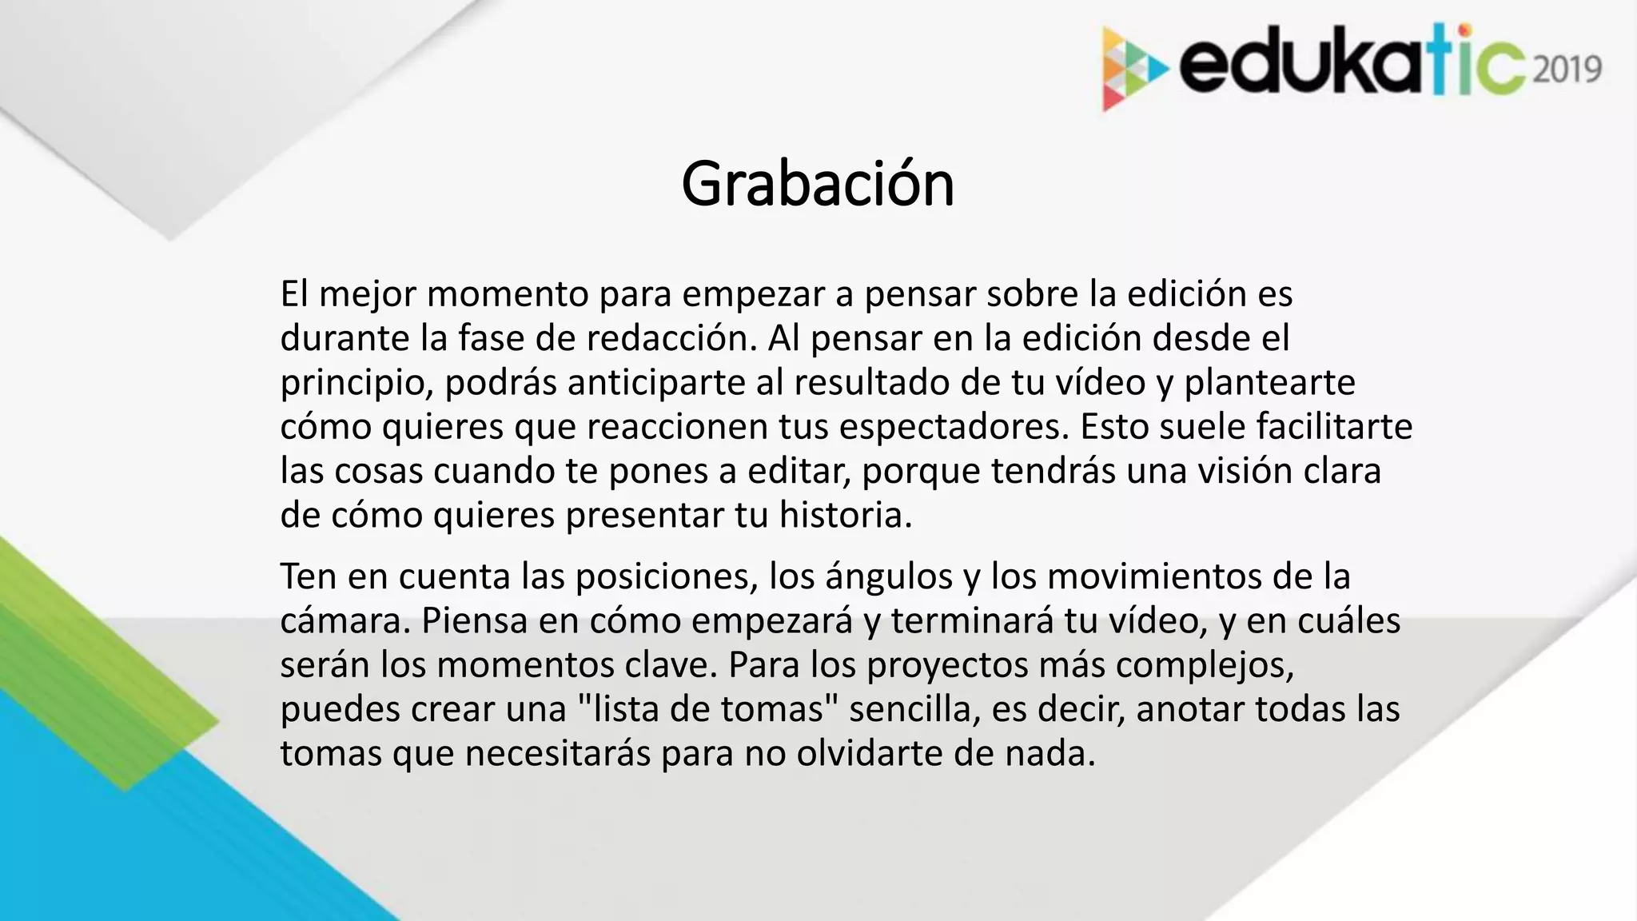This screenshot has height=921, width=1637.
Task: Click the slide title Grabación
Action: point(818,185)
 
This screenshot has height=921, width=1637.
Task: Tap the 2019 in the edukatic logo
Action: point(1567,70)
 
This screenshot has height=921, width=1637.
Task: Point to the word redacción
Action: point(671,338)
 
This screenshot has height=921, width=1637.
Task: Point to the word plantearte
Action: point(1269,382)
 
